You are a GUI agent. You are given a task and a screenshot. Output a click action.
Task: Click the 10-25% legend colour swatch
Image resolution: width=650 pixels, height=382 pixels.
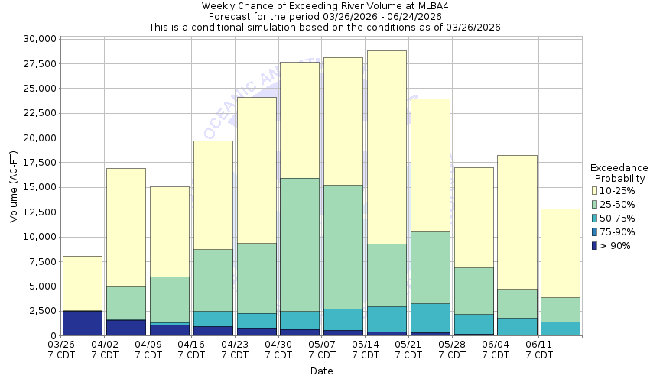[596, 191]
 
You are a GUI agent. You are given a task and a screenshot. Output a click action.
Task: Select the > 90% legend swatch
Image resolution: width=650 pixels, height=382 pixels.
[596, 246]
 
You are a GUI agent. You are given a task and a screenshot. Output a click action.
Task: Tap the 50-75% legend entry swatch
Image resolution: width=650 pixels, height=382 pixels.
[596, 219]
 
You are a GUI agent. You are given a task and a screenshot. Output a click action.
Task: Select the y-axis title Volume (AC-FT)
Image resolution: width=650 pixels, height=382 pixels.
[14, 187]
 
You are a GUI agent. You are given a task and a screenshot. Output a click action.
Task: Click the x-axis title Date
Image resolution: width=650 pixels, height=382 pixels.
[321, 371]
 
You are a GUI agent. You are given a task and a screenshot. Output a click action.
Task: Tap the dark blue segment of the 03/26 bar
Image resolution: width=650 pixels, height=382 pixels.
[83, 322]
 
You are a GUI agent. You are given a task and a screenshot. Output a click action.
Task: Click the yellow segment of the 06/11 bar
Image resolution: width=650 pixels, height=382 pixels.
[561, 253]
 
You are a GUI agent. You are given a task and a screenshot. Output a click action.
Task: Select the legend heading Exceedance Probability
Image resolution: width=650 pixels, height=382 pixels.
[619, 173]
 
